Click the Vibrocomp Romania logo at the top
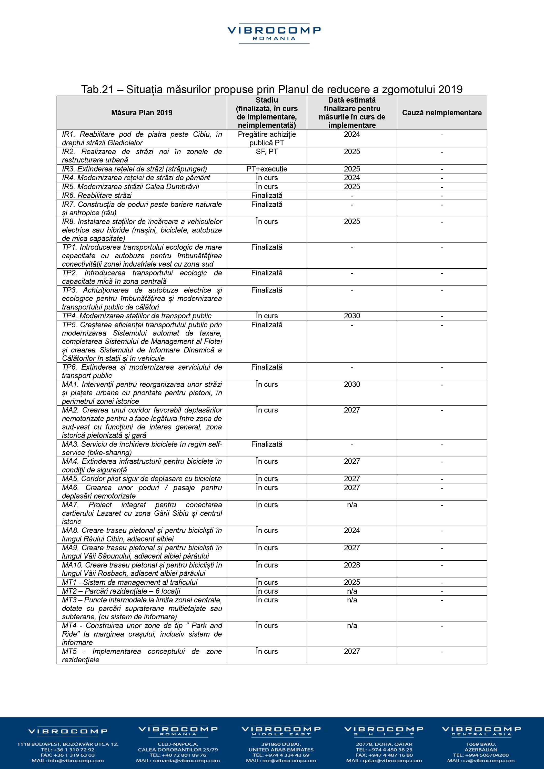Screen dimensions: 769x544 [x=274, y=34]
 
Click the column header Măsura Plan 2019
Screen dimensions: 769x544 [x=142, y=113]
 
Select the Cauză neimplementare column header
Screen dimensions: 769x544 [x=441, y=113]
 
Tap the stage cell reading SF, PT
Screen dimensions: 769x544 [x=267, y=152]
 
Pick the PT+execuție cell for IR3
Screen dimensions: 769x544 [x=267, y=169]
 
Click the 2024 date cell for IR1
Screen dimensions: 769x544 [x=352, y=135]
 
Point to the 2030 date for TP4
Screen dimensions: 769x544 [x=352, y=316]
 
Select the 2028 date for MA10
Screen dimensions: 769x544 [x=352, y=565]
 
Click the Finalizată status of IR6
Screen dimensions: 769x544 [x=267, y=196]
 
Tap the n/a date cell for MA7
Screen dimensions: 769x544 [x=352, y=505]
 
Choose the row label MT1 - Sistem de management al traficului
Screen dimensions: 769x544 [x=130, y=582]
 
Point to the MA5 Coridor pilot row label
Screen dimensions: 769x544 [x=141, y=479]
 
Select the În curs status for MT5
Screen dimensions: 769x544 [x=267, y=651]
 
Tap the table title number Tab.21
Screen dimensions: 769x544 [x=97, y=89]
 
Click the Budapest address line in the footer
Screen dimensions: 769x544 [x=68, y=744]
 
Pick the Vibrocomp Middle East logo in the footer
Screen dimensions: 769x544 [x=281, y=731]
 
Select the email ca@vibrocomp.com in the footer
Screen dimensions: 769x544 [x=481, y=761]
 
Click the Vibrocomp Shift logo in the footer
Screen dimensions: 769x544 [x=384, y=731]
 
